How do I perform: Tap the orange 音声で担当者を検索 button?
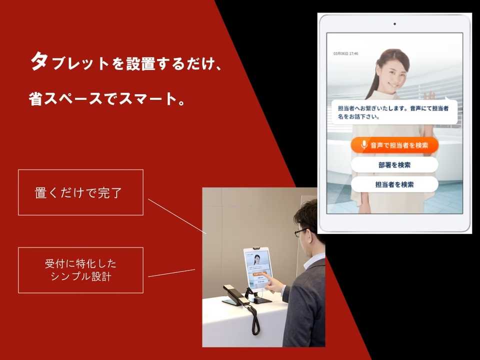tap(394, 145)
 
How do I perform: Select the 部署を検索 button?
tap(394, 164)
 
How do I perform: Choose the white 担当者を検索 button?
tap(394, 184)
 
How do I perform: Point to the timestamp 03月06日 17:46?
tap(346, 53)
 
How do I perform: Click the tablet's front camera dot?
tap(394, 23)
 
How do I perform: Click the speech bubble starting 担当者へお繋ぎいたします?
tap(394, 112)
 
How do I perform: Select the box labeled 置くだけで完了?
tap(80, 192)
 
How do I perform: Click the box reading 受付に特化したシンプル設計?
tap(80, 270)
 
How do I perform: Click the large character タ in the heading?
tap(39, 62)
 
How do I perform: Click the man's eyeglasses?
tap(301, 232)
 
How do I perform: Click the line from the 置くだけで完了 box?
tap(177, 216)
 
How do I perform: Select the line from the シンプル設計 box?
tap(171, 272)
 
